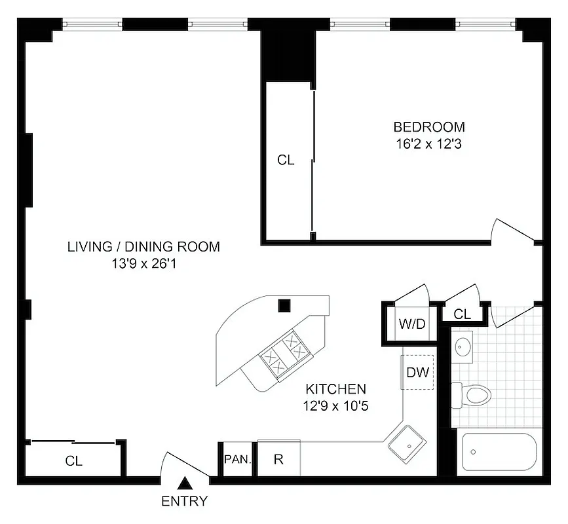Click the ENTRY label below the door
click(184, 502)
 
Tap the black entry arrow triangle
click(185, 484)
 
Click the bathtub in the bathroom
click(499, 451)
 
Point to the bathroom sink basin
click(464, 345)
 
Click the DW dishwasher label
click(417, 373)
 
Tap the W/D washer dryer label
click(412, 323)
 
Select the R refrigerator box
click(278, 459)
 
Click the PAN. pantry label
click(238, 459)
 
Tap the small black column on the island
click(284, 305)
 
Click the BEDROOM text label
click(428, 127)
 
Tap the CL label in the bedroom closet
click(286, 160)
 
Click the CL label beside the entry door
click(74, 461)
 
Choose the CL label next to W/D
click(463, 314)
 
